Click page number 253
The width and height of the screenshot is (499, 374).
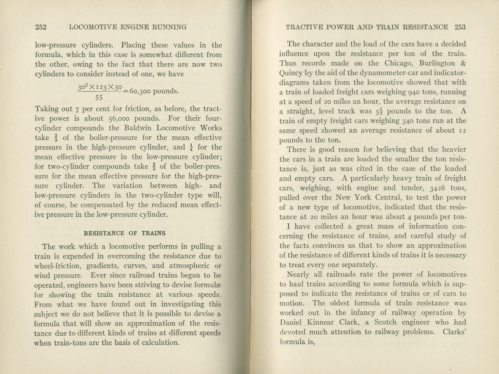pyautogui.click(x=460, y=27)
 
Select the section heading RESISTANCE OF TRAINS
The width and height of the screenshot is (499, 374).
pyautogui.click(x=124, y=233)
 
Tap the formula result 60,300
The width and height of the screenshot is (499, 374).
pyautogui.click(x=140, y=91)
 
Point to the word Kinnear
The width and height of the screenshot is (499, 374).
pyautogui.click(x=323, y=322)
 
